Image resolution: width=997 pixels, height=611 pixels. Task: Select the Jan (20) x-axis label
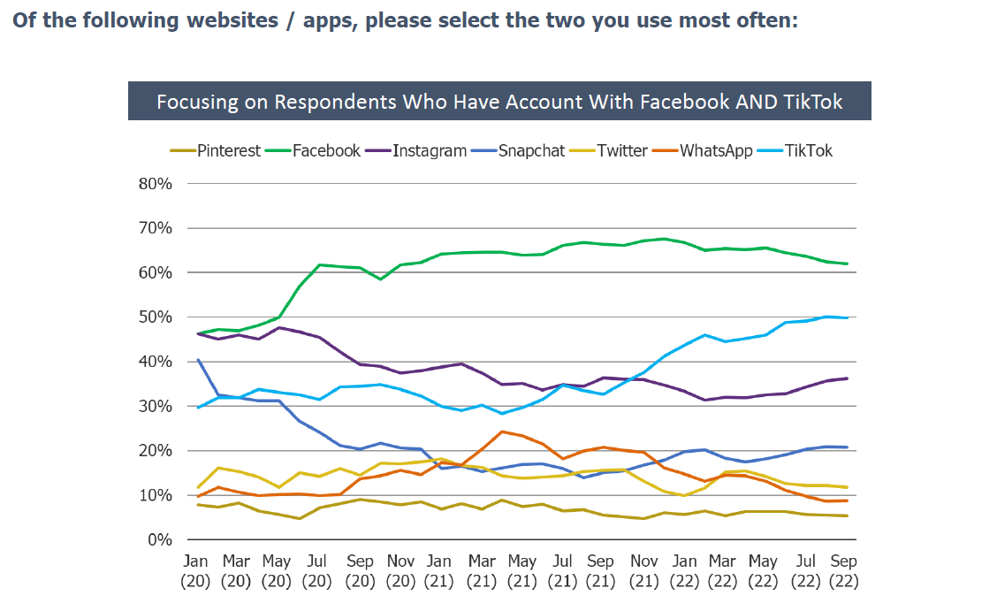point(195,571)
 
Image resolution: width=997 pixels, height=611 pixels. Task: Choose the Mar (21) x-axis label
point(481,571)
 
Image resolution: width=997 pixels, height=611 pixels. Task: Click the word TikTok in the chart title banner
point(813,102)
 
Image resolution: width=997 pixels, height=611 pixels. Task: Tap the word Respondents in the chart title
point(322,102)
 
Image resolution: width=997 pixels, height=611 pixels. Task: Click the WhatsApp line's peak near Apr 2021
point(501,432)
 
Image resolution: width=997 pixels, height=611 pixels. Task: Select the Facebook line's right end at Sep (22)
point(848,263)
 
